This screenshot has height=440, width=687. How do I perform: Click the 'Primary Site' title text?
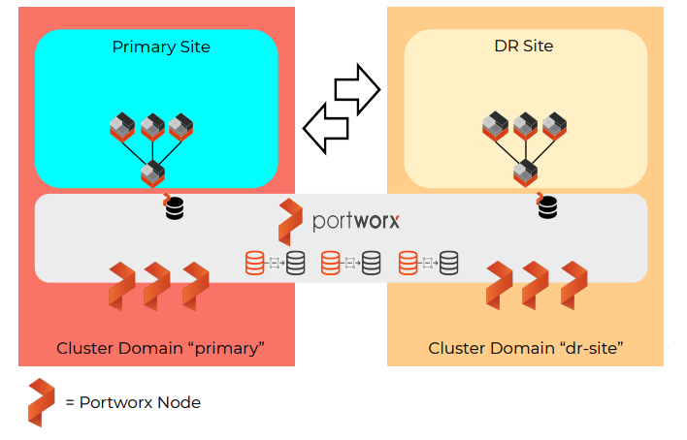(x=161, y=47)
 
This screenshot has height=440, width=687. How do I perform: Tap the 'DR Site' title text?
(x=525, y=46)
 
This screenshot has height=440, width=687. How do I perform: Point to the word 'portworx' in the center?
(x=356, y=221)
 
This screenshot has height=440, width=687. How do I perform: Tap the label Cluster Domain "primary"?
(x=161, y=347)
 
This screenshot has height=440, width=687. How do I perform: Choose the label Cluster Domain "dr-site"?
(x=525, y=347)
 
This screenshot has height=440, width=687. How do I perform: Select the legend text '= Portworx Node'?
(x=133, y=402)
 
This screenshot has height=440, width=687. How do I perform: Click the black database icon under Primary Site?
(x=174, y=207)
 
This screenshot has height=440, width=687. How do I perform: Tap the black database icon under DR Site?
(x=547, y=206)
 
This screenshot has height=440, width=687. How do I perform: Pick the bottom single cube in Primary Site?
(x=152, y=173)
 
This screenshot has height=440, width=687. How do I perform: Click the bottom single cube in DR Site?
(x=525, y=172)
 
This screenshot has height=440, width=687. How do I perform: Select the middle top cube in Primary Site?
(x=152, y=127)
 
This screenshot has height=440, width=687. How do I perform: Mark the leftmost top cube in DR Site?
(x=497, y=126)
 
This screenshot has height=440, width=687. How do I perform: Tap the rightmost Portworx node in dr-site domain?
(x=573, y=284)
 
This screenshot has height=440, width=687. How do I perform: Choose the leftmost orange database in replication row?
(x=255, y=263)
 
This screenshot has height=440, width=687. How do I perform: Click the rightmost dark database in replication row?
(x=448, y=263)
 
